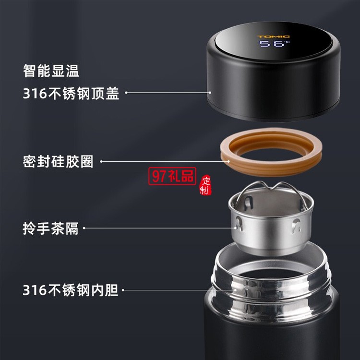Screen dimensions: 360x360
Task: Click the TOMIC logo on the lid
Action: coord(273,36)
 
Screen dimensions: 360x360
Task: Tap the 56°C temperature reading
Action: coord(275,43)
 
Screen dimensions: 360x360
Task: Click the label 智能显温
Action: coord(51,71)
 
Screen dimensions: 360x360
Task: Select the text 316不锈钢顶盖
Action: coord(71,93)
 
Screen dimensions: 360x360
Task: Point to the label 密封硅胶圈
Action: coord(58,161)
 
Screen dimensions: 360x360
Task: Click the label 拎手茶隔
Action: coord(51,228)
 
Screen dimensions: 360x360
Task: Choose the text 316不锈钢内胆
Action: coord(71,290)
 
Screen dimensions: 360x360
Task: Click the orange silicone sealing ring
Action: coord(271,152)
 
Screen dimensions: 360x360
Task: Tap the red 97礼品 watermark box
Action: coord(172,176)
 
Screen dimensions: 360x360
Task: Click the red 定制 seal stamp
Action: coord(205,185)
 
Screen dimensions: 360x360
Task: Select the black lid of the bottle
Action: coord(273,72)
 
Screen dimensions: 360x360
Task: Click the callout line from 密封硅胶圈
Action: coord(165,161)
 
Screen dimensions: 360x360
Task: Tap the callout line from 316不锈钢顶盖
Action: coord(168,93)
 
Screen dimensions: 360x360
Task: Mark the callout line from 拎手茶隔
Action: coord(160,228)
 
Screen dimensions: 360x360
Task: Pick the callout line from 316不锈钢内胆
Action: coord(180,290)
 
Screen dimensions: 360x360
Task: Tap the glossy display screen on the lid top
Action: coord(273,42)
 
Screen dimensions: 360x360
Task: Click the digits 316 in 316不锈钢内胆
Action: coord(35,290)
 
